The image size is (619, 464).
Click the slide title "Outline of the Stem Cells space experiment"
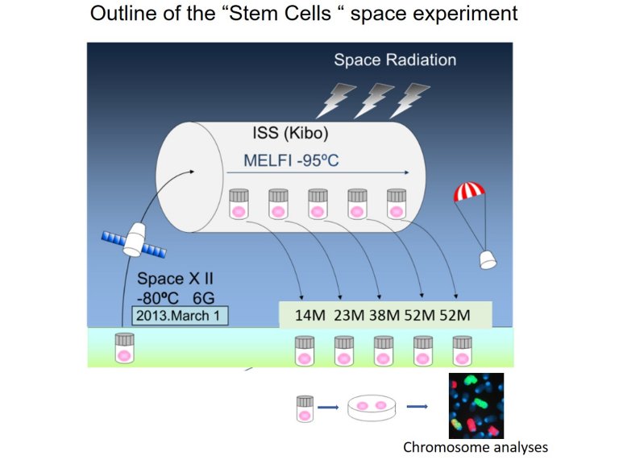pyautogui.click(x=303, y=15)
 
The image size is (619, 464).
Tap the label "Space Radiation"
pyautogui.click(x=395, y=60)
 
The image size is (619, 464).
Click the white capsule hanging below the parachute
pyautogui.click(x=488, y=259)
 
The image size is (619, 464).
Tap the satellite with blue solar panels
pyautogui.click(x=135, y=239)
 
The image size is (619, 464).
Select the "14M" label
pyautogui.click(x=309, y=315)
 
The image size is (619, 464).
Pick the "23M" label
pyautogui.click(x=347, y=315)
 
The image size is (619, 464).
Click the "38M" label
pyautogui.click(x=384, y=315)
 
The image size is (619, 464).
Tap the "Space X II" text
pyautogui.click(x=174, y=280)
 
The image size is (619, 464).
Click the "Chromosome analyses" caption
pyautogui.click(x=475, y=447)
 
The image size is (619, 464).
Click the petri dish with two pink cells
pyautogui.click(x=372, y=407)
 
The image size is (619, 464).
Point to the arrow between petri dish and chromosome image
pyautogui.click(x=417, y=407)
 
